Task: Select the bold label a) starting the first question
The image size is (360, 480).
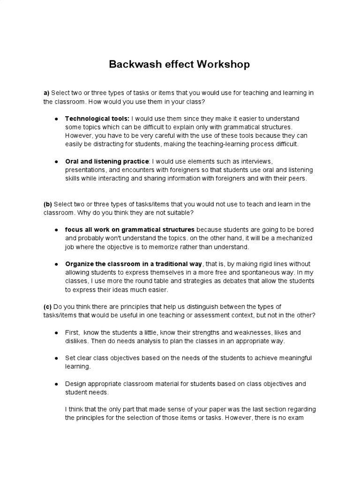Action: point(46,93)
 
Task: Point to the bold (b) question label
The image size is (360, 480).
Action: point(48,204)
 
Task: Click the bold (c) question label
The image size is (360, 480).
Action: point(48,307)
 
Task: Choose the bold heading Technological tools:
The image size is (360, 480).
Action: point(97,119)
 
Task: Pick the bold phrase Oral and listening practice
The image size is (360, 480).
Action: point(107,161)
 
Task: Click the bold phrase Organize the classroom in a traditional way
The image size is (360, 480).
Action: point(134,264)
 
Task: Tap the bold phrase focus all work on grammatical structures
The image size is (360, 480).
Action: point(130,230)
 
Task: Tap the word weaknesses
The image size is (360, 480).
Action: point(243,332)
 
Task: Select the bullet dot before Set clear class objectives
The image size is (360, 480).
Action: point(56,358)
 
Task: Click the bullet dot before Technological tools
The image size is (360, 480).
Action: point(56,119)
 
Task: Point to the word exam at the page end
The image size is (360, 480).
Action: point(298,418)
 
